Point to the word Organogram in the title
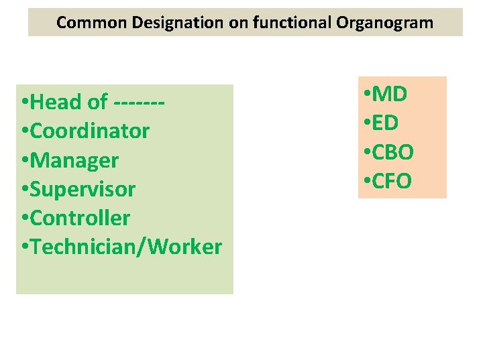click(386, 23)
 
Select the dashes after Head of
click(140, 103)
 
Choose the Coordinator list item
click(90, 131)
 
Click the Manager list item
click(74, 161)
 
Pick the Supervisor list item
click(83, 190)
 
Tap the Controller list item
click(80, 219)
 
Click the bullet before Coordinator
click(25, 131)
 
